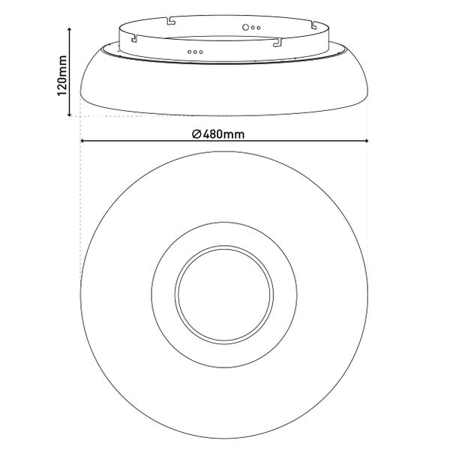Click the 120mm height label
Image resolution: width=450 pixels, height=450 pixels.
62,76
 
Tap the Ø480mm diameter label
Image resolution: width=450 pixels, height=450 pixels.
218,134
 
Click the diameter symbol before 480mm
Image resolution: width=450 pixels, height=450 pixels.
196,134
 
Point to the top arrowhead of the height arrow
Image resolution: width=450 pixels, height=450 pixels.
69,29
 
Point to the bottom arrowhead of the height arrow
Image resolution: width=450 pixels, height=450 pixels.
69,115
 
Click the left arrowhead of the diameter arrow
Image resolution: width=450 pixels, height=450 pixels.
82,141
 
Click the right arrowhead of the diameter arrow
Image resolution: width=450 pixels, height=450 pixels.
366,141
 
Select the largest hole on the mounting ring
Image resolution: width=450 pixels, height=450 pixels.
245,27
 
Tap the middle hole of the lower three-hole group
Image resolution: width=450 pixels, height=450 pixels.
195,52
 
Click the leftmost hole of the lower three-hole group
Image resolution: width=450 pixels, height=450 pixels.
190,52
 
